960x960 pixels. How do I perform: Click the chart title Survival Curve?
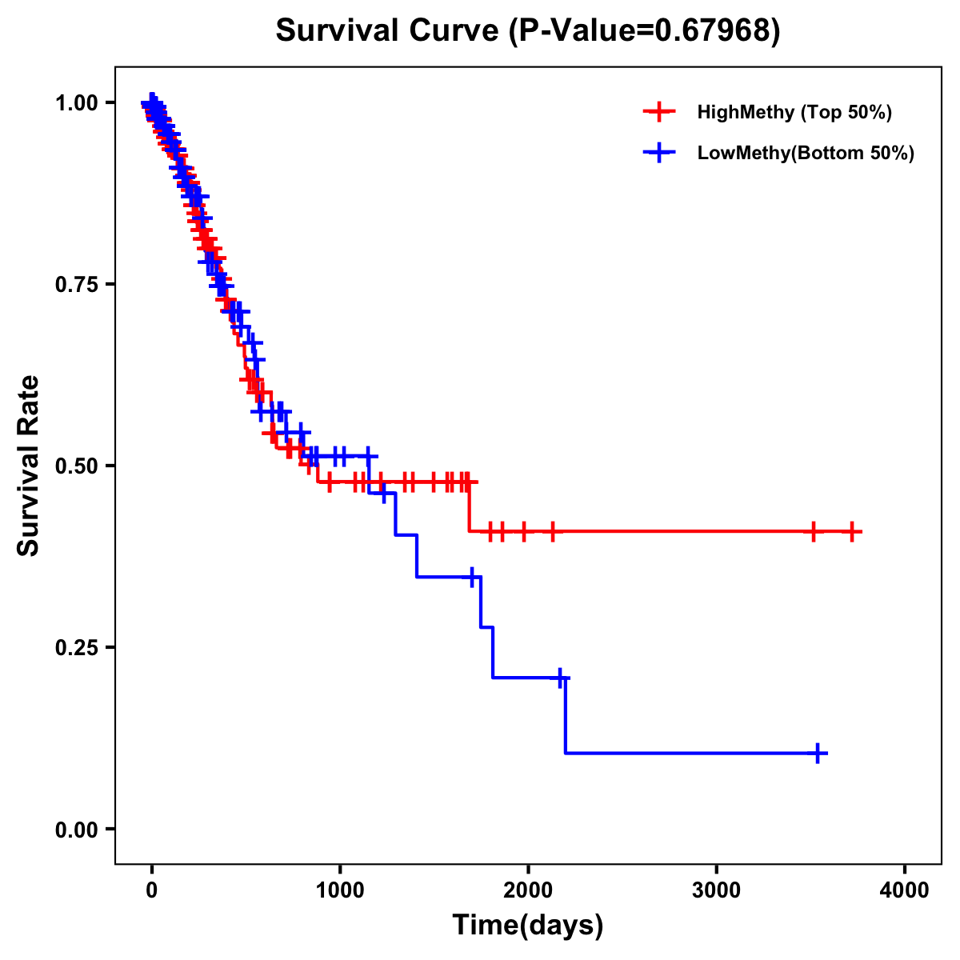pos(389,30)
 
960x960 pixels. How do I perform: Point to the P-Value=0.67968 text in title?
pos(644,30)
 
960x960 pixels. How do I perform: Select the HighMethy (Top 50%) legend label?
pos(794,112)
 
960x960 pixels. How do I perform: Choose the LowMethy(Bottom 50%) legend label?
pos(806,153)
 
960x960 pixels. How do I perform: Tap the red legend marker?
pos(658,112)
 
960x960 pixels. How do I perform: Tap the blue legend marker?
pos(658,153)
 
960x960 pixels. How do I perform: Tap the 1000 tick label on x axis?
pos(340,891)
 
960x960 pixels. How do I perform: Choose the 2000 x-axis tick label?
pos(528,891)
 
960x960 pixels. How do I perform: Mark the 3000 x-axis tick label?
pos(717,891)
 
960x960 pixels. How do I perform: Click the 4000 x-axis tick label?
pos(905,891)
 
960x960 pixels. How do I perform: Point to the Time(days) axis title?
pos(528,926)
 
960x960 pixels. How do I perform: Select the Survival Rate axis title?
pos(29,466)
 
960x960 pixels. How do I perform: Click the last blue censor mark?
pos(818,753)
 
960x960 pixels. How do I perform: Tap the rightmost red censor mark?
pos(852,531)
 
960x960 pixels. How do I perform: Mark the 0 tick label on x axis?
pos(152,891)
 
